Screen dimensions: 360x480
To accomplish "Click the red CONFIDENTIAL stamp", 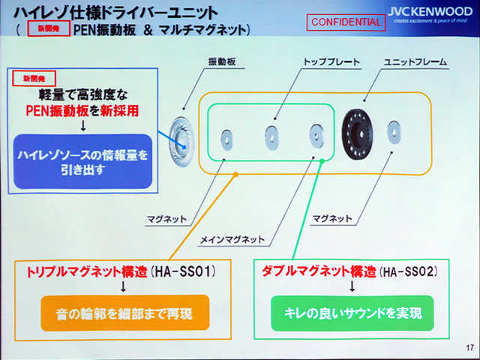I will (346, 22).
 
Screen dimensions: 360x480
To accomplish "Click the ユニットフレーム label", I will (413, 60).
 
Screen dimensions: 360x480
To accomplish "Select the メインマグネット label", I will (232, 239).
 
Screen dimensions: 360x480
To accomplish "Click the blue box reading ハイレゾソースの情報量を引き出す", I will (83, 161).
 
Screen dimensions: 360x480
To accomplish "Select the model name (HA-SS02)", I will (409, 268).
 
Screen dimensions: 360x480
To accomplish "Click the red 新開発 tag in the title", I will (48, 30).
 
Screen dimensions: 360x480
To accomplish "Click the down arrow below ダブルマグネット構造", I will (351, 286).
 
